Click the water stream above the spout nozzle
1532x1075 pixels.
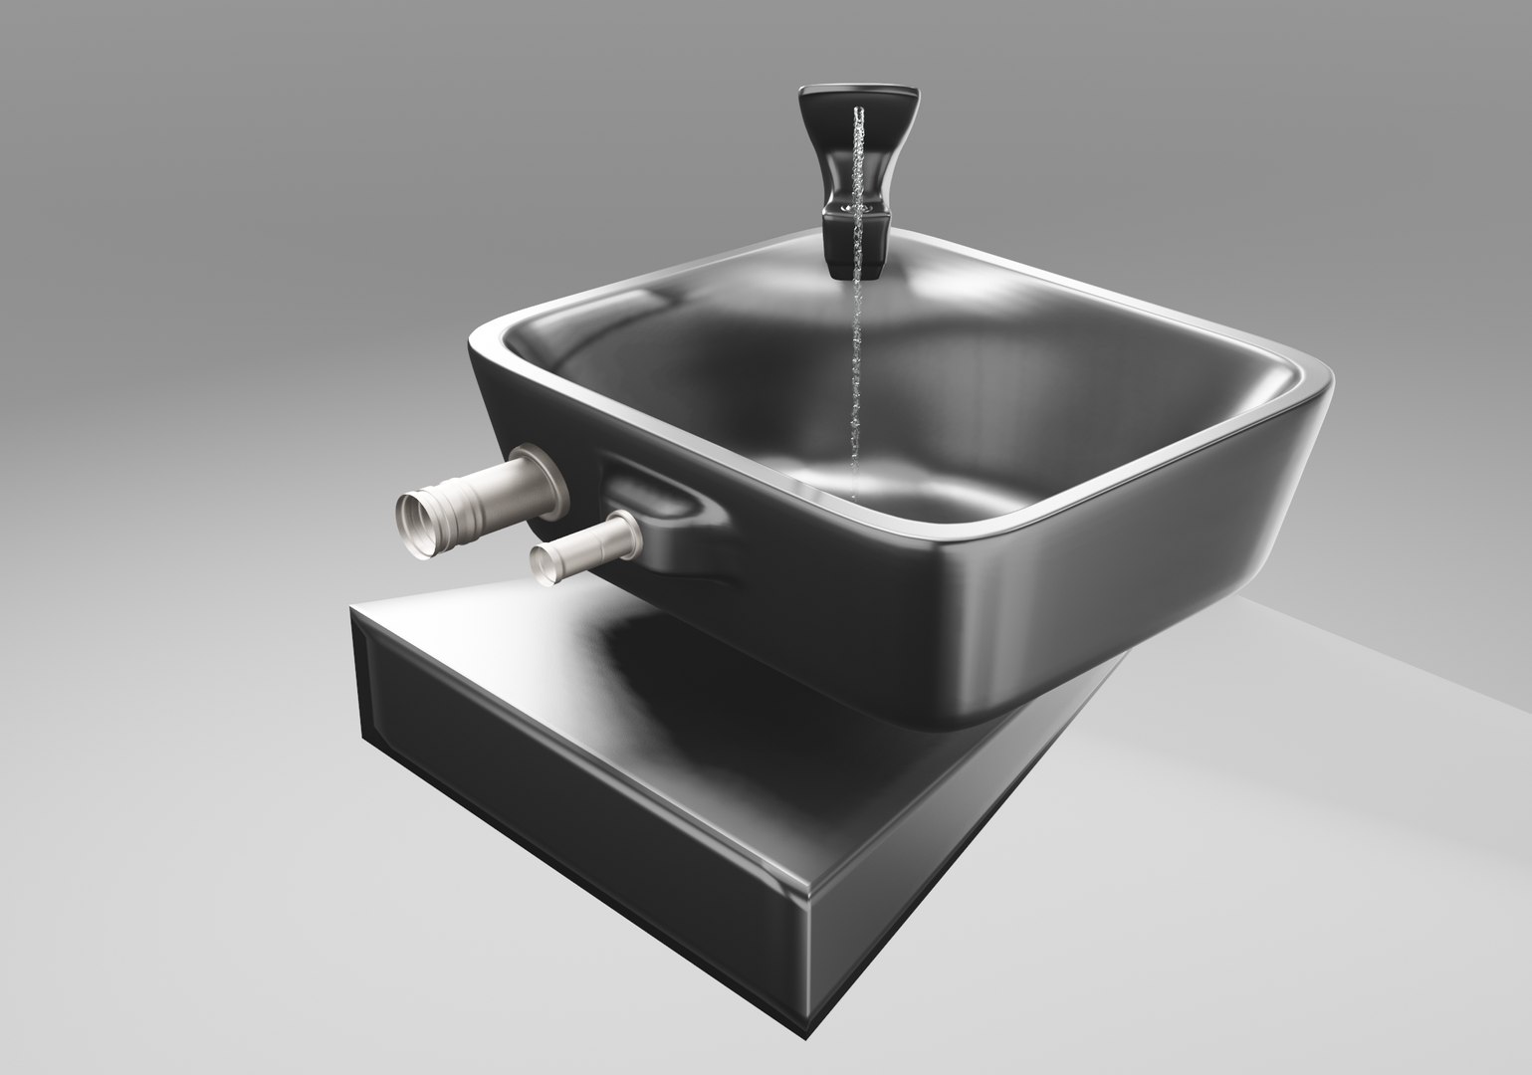coord(858,149)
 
